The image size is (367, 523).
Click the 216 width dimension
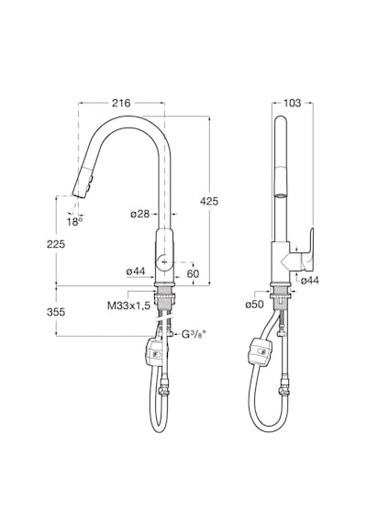click(121, 103)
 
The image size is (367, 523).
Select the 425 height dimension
click(209, 201)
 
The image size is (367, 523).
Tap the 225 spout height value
click(56, 244)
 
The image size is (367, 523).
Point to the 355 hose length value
click(56, 312)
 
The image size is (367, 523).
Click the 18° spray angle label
click(74, 221)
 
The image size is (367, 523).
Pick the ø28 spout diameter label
click(139, 214)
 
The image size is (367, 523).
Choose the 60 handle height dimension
click(193, 273)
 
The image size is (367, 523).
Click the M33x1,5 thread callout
click(128, 306)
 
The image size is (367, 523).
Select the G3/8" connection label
click(192, 334)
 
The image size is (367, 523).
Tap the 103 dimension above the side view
click(292, 103)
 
